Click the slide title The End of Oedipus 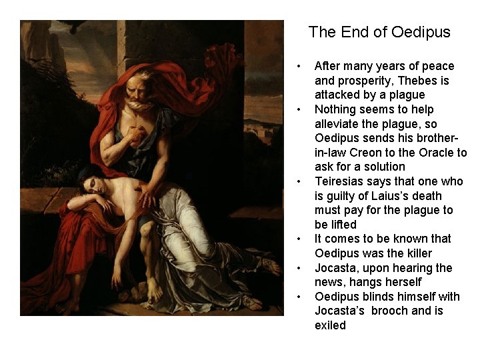(379, 32)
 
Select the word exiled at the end (331, 325)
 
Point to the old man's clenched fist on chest (137, 134)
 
